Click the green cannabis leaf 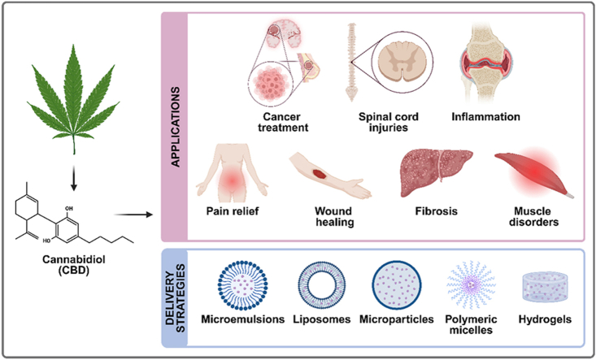(74, 95)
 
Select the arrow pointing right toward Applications (133, 215)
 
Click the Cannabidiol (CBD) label (74, 265)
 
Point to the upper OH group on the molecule (69, 209)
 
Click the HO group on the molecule (47, 241)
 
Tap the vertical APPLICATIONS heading (176, 127)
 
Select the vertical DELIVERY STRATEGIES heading (176, 298)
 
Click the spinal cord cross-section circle (402, 61)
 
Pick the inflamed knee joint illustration (485, 63)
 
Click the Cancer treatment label (283, 122)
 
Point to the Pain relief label (233, 211)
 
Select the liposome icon (321, 285)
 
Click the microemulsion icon (243, 285)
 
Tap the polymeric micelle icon (472, 284)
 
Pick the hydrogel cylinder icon (545, 287)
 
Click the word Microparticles (397, 319)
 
